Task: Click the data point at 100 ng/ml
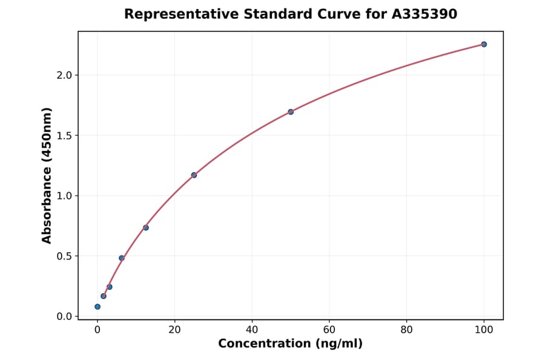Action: (x=484, y=44)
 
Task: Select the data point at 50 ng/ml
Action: (x=291, y=112)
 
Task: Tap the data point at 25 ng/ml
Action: (x=194, y=175)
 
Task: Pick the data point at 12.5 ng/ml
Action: (x=146, y=228)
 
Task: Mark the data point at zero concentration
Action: (x=97, y=307)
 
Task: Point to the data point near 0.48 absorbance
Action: (x=122, y=258)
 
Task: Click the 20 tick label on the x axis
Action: (x=174, y=330)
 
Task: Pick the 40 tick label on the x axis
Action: (x=252, y=330)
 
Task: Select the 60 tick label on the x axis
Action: (x=329, y=330)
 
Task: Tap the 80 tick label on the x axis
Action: (x=406, y=330)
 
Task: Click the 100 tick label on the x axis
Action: (x=484, y=330)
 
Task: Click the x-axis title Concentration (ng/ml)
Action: (x=290, y=344)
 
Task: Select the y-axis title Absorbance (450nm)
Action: (x=47, y=175)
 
